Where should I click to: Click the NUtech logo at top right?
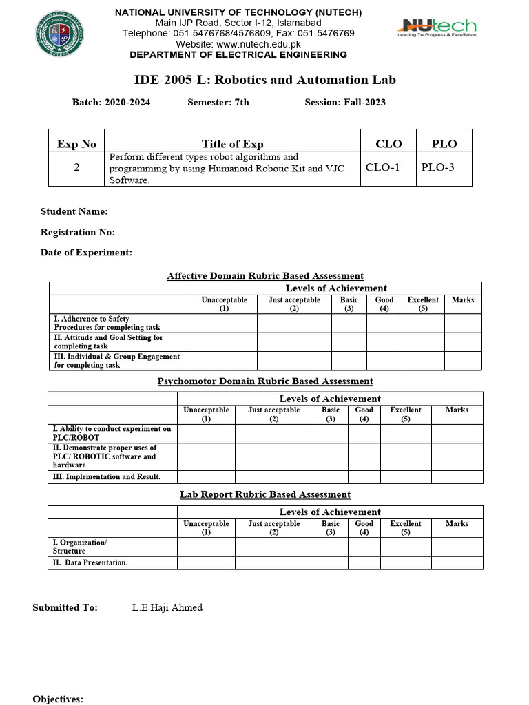pyautogui.click(x=436, y=28)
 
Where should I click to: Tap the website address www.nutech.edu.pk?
pyautogui.click(x=238, y=44)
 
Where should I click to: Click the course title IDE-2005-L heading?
pyautogui.click(x=264, y=80)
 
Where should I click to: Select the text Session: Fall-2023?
pyautogui.click(x=344, y=103)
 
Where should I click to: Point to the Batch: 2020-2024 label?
pyautogui.click(x=111, y=103)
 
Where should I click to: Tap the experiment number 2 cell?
pyautogui.click(x=76, y=167)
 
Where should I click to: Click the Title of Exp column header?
pyautogui.click(x=232, y=143)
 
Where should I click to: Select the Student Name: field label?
pyautogui.click(x=74, y=211)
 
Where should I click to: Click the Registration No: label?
pyautogui.click(x=78, y=232)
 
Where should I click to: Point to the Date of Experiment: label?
pyautogui.click(x=86, y=253)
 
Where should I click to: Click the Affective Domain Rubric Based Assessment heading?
pyautogui.click(x=265, y=276)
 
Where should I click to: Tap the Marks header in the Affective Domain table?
pyautogui.click(x=462, y=300)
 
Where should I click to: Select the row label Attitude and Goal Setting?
pyautogui.click(x=108, y=342)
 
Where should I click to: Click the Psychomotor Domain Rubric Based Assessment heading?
pyautogui.click(x=265, y=381)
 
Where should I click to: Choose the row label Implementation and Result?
pyautogui.click(x=107, y=476)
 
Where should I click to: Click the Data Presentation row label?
pyautogui.click(x=90, y=562)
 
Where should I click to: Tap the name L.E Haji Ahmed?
pyautogui.click(x=167, y=607)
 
